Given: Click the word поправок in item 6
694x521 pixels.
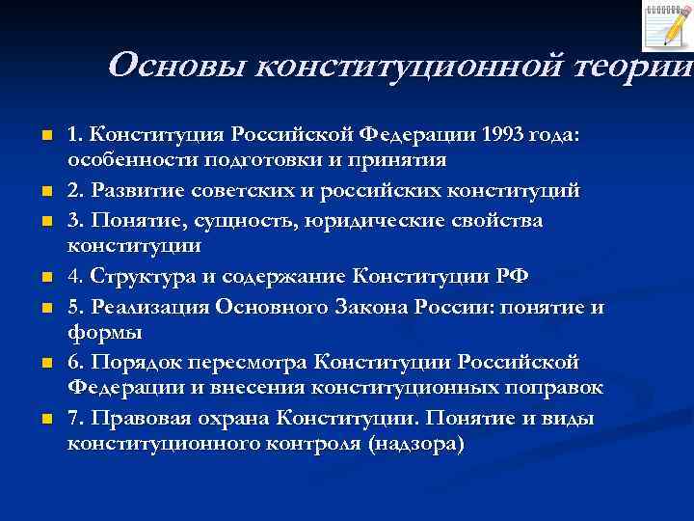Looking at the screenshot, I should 570,388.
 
